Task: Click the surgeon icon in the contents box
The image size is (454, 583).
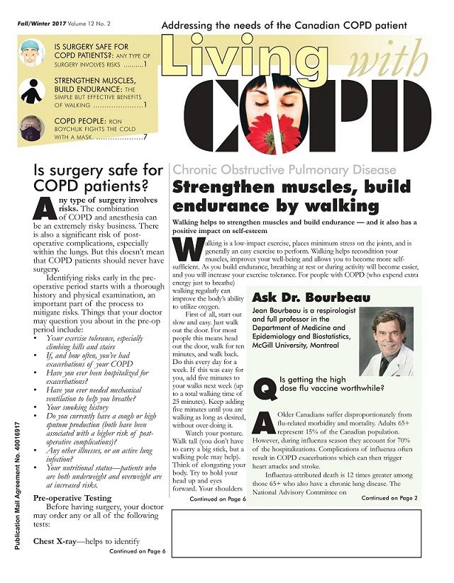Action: click(32, 54)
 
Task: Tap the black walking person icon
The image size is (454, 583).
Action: click(32, 92)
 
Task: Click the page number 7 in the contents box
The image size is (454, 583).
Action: click(145, 137)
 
